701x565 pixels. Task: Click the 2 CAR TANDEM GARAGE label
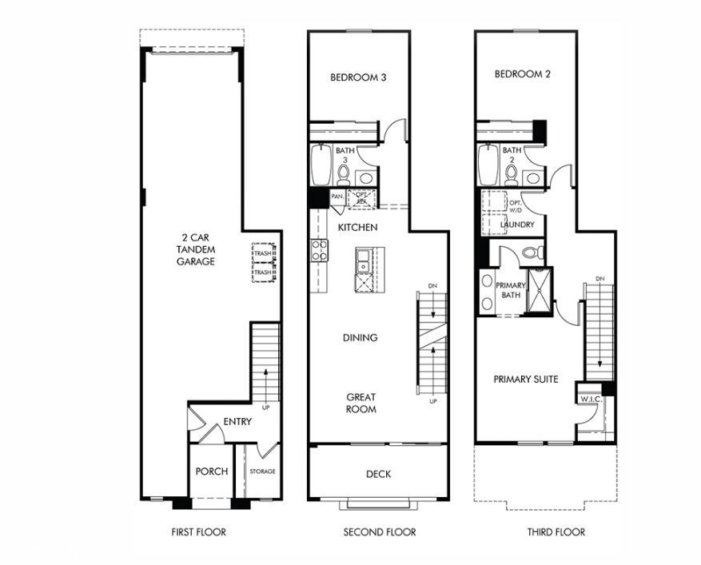(196, 249)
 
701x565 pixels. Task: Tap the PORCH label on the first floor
(212, 471)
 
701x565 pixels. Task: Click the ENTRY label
(237, 421)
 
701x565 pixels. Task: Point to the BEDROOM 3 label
(359, 78)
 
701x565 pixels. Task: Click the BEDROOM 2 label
(523, 74)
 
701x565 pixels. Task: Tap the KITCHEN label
(357, 228)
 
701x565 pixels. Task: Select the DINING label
(360, 337)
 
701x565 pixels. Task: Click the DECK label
(378, 474)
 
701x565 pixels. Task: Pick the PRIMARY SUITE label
(525, 379)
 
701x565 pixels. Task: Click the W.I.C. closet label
(591, 399)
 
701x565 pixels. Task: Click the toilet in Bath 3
(344, 172)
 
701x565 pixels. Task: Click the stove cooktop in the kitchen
(319, 250)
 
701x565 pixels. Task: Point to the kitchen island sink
(363, 259)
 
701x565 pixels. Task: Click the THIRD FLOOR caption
(556, 532)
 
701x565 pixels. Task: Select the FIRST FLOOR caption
(199, 532)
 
